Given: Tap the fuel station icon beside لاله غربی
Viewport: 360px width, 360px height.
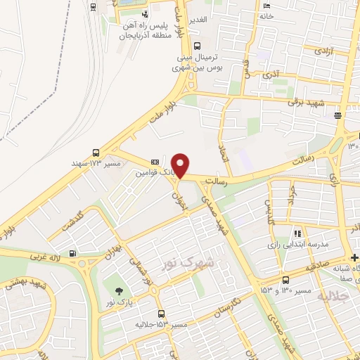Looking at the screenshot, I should tap(72, 254).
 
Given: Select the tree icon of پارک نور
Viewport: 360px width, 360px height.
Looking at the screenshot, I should tap(117, 290).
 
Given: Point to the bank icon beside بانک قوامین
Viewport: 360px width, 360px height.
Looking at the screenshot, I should tap(155, 161).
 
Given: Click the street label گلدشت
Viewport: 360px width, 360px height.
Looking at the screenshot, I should tap(77, 220).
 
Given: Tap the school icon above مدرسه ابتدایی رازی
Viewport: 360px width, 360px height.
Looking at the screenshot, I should tap(297, 233).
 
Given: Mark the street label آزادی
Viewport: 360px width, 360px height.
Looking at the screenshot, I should tap(322, 51).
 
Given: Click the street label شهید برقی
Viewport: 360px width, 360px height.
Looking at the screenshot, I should tap(305, 102).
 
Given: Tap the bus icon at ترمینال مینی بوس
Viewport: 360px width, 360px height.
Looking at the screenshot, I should tap(176, 69).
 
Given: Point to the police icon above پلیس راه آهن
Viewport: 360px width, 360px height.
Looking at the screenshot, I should tap(145, 13).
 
